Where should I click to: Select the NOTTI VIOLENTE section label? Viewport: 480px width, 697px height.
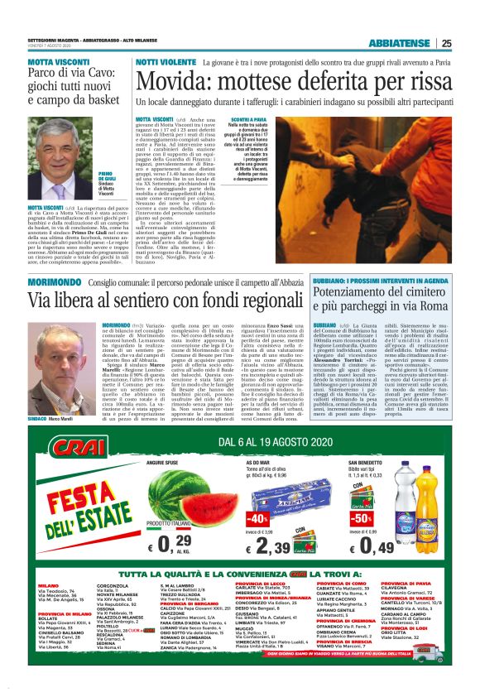tap(165, 62)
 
